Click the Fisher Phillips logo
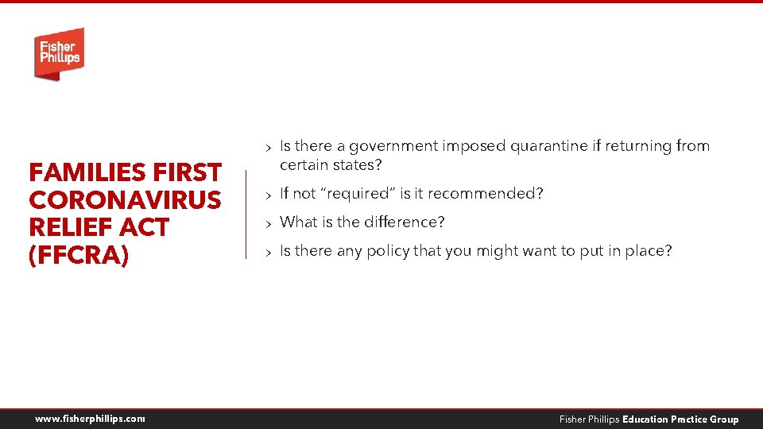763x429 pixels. (x=59, y=53)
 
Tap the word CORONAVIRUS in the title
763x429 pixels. (x=125, y=200)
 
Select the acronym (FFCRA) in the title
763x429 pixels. (x=78, y=257)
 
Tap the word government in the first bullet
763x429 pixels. (x=394, y=146)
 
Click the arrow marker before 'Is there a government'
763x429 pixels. (x=269, y=147)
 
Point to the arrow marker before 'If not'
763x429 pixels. (x=269, y=195)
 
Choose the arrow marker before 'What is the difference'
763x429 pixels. (x=269, y=223)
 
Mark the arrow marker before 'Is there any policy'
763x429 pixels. (x=269, y=252)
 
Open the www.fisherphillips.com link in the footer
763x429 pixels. (x=90, y=419)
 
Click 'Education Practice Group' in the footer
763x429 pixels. (x=680, y=419)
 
